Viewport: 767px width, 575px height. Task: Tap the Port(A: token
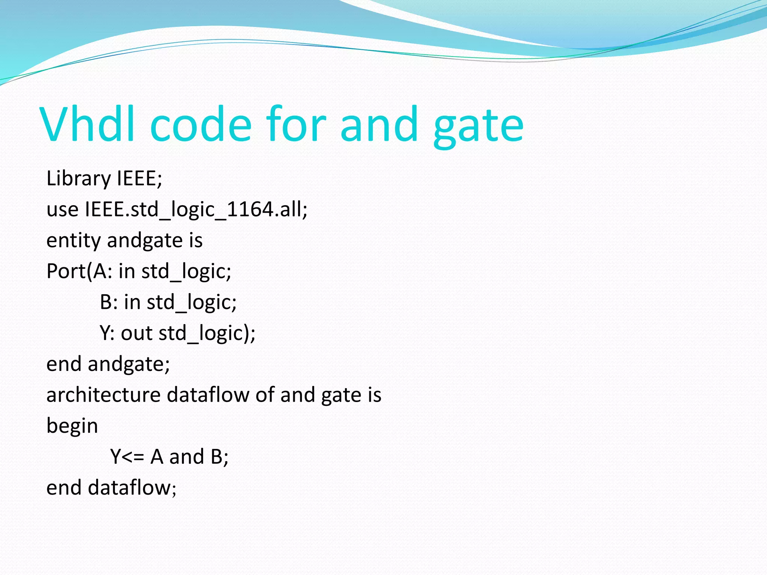coord(79,271)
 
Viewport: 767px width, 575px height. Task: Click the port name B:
coord(109,302)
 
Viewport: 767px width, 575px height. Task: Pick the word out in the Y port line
coord(137,333)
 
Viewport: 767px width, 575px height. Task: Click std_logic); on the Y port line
coord(207,333)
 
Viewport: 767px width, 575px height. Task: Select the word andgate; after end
coord(129,364)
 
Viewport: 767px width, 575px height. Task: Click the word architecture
coord(104,395)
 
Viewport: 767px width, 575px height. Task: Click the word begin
coord(72,426)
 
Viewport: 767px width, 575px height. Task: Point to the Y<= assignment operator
coord(127,457)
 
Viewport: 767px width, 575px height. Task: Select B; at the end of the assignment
coord(219,457)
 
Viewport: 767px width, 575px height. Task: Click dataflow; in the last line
coord(132,488)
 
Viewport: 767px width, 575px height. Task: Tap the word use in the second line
coord(62,209)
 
